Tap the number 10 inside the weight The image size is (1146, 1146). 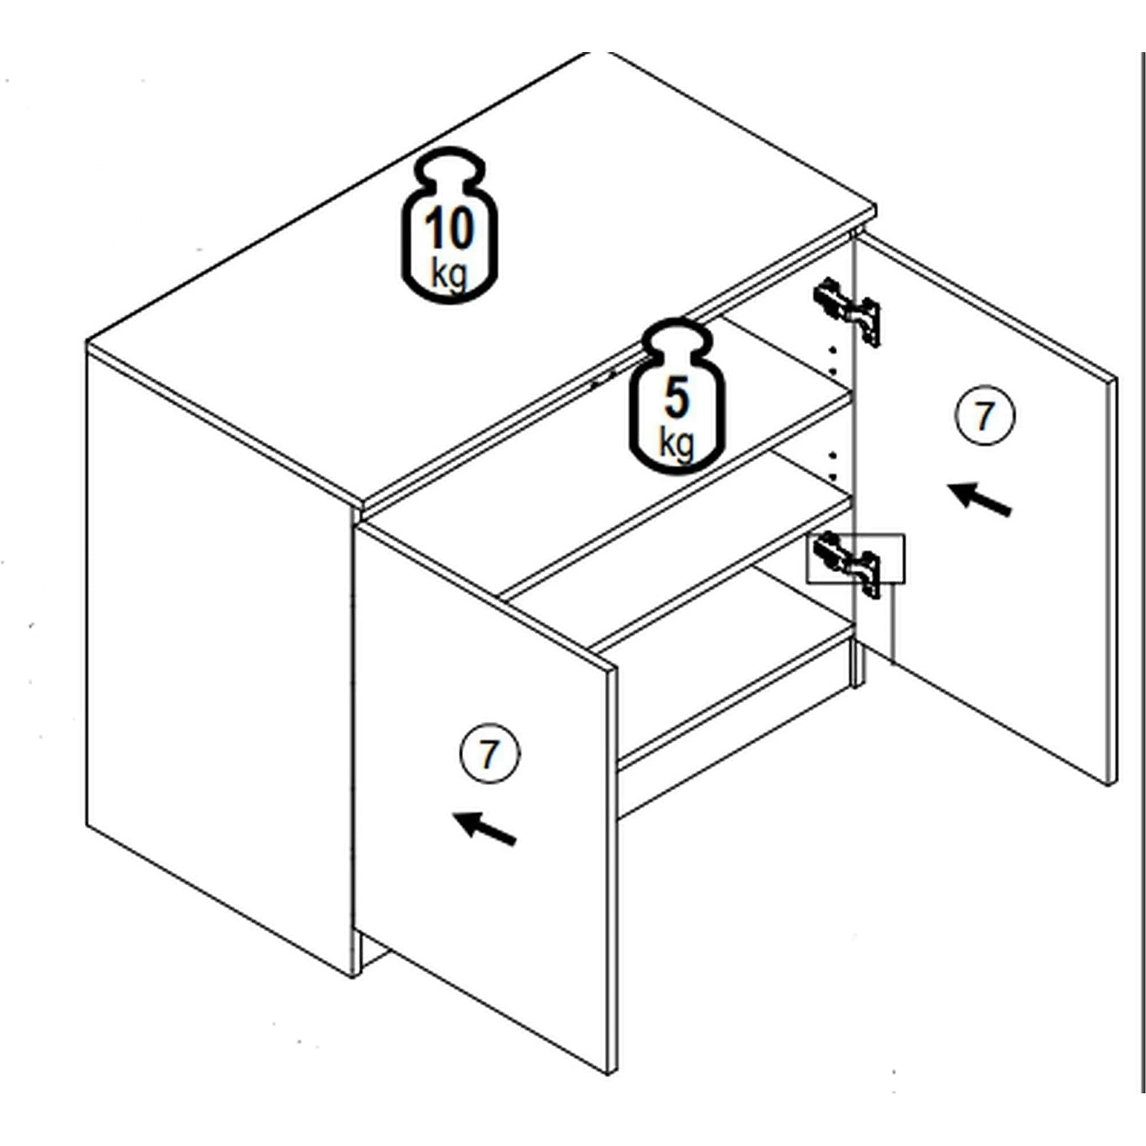[x=450, y=229]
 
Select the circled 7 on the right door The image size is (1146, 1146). [x=984, y=416]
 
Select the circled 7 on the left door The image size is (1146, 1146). [x=490, y=754]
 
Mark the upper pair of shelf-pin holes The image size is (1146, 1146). [x=832, y=362]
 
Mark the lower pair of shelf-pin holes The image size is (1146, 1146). [x=832, y=466]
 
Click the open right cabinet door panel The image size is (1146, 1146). [x=984, y=510]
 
